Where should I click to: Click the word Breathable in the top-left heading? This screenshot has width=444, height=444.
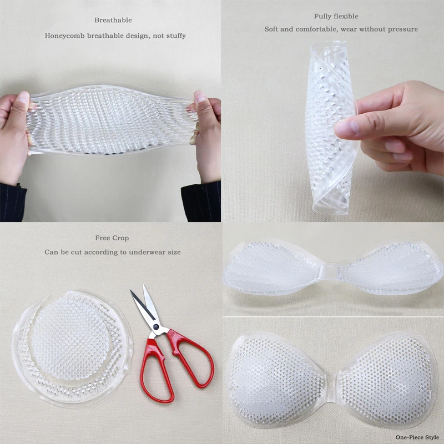113,20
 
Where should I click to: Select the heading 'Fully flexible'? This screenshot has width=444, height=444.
336,16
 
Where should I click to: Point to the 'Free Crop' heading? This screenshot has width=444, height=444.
112,238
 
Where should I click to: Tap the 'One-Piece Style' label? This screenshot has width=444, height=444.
417,437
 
